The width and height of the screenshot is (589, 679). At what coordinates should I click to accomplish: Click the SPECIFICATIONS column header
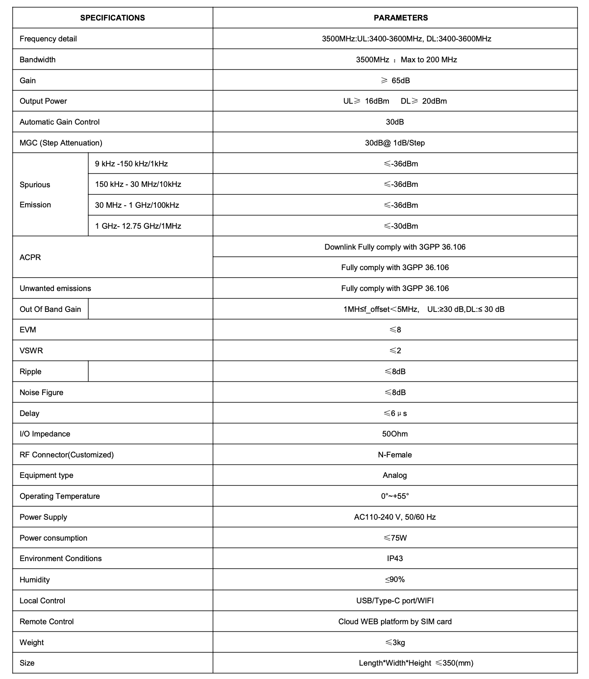(112, 18)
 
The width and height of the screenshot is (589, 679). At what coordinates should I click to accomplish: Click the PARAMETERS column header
(401, 18)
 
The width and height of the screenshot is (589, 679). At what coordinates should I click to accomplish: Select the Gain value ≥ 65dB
(395, 80)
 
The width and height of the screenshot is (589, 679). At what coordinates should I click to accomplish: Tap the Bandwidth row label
(38, 60)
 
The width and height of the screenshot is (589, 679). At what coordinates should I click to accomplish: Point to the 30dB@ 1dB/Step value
(395, 143)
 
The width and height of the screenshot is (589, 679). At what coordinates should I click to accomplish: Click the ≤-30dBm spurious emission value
(401, 226)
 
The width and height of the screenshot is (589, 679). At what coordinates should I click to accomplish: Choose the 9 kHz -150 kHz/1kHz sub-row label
(131, 164)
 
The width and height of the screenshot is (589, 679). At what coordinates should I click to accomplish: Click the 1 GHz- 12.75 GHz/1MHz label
(138, 226)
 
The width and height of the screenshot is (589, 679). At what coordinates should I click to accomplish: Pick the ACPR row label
(30, 257)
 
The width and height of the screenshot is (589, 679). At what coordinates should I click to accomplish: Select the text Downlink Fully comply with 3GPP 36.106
(395, 247)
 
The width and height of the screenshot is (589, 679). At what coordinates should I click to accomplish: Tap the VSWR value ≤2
(395, 351)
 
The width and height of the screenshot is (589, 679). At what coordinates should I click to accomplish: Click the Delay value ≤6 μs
(395, 414)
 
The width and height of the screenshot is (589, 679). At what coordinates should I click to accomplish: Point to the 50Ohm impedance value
(395, 434)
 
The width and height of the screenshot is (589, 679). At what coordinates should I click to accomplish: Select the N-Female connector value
(395, 455)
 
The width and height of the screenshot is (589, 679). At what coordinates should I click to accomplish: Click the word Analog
(395, 475)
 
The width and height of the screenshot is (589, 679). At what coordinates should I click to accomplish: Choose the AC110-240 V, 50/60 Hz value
(395, 517)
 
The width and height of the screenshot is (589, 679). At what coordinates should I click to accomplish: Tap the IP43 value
(395, 559)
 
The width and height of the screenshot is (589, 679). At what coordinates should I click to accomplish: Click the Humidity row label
(35, 580)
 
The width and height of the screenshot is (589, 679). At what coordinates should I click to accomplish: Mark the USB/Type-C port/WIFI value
(395, 601)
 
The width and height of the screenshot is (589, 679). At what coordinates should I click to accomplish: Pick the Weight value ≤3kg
(395, 643)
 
